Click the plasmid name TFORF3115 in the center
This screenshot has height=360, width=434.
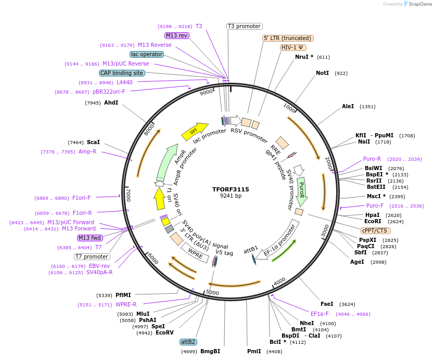(231, 189)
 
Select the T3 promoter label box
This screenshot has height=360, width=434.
(245, 26)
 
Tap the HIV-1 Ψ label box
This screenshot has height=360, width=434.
(293, 47)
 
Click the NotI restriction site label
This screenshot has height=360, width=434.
(323, 73)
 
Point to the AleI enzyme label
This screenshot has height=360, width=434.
(348, 107)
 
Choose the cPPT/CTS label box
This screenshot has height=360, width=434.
(375, 230)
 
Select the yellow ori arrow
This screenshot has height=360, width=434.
(194, 132)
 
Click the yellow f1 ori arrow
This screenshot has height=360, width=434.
(160, 199)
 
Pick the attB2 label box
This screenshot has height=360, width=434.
(188, 342)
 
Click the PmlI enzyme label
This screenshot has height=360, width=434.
(254, 352)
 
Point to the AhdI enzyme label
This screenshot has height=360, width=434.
(111, 103)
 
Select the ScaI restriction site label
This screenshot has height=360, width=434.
(93, 142)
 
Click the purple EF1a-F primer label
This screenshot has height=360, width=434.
(320, 314)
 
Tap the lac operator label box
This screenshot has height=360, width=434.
(146, 54)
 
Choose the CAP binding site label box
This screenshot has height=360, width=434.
(121, 73)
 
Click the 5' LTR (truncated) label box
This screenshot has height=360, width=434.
(288, 38)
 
